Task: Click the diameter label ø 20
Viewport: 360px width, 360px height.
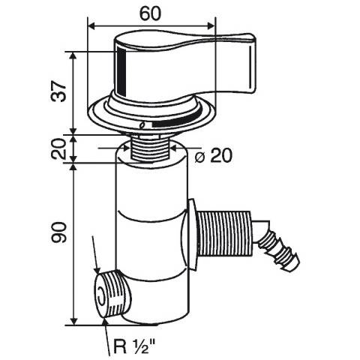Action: coord(214,156)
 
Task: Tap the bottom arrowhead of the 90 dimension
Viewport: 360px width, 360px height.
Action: coord(73,321)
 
